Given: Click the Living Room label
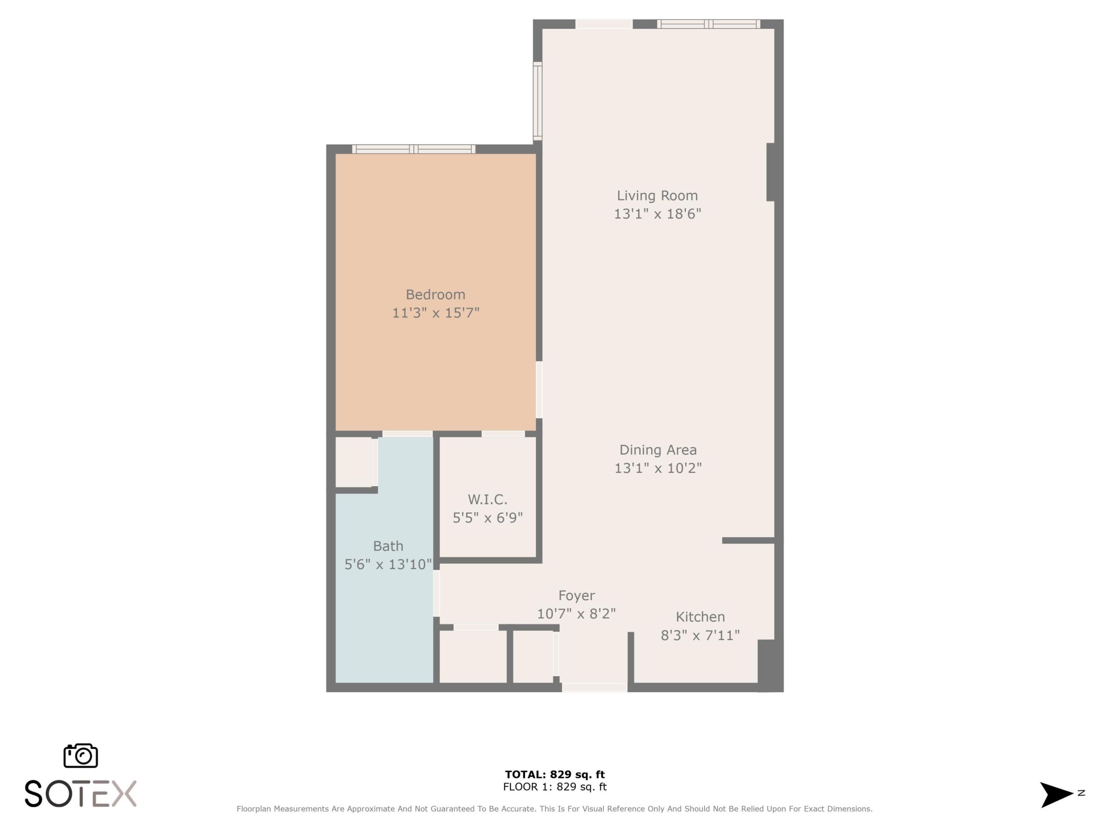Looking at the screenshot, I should (x=657, y=196).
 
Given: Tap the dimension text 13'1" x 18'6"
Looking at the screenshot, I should (x=657, y=214).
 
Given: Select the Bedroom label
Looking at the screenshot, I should (x=435, y=294).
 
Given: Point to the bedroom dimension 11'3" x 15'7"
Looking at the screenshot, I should (x=435, y=313).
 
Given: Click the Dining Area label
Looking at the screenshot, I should (x=658, y=450).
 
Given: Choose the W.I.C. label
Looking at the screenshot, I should (x=487, y=500).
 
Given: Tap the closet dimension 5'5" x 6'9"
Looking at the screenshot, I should (x=487, y=518).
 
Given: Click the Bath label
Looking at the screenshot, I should (x=388, y=546).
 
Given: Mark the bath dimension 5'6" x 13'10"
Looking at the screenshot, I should (x=388, y=564).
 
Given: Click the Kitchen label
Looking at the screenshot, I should (x=700, y=616).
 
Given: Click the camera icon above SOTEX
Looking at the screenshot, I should (x=80, y=755).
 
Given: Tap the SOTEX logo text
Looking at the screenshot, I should (x=80, y=793).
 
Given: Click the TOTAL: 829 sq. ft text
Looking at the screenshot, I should (x=555, y=774).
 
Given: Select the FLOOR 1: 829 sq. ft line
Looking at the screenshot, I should (x=555, y=787).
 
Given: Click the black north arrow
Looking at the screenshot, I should (x=1055, y=794).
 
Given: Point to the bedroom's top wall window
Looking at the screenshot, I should (x=413, y=149).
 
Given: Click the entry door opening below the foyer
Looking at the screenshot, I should (x=594, y=688).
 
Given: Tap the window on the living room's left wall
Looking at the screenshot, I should (x=537, y=100).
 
